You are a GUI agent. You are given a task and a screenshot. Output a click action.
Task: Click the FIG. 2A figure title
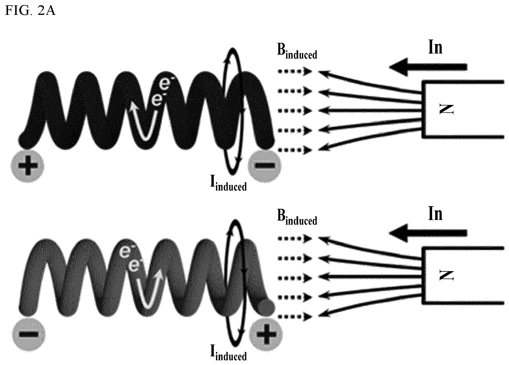tap(30, 10)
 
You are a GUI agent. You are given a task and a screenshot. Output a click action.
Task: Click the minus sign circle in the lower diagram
tap(29, 334)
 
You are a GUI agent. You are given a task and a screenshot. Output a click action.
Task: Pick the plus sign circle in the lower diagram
tap(266, 334)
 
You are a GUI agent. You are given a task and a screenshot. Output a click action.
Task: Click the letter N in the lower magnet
tap(447, 275)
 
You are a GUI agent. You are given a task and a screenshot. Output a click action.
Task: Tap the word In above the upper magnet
tap(435, 47)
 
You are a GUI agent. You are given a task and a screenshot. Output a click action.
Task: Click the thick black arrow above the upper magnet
tap(428, 67)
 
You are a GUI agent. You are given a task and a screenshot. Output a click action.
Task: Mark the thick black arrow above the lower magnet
tap(428, 233)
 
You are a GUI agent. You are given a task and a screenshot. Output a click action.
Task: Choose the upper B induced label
tap(297, 51)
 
